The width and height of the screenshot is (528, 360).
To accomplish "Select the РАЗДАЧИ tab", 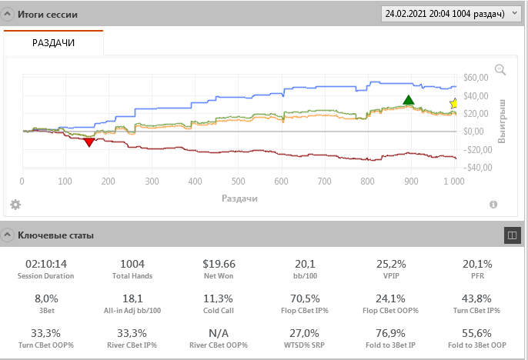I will click(53, 43).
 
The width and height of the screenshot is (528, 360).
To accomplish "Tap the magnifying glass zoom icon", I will click(500, 70).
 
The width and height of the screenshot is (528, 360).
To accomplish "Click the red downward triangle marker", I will click(89, 142).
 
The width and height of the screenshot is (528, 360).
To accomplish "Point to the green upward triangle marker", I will click(409, 100).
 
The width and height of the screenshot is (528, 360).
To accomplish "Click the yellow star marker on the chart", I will click(454, 103).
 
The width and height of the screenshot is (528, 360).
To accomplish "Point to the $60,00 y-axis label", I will click(476, 78).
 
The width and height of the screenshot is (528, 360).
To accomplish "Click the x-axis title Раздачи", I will click(239, 198).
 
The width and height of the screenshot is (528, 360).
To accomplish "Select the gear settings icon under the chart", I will click(15, 205).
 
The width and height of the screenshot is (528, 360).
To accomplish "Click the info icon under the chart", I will click(493, 205).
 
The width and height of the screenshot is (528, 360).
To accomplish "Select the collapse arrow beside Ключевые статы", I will click(8, 235).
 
